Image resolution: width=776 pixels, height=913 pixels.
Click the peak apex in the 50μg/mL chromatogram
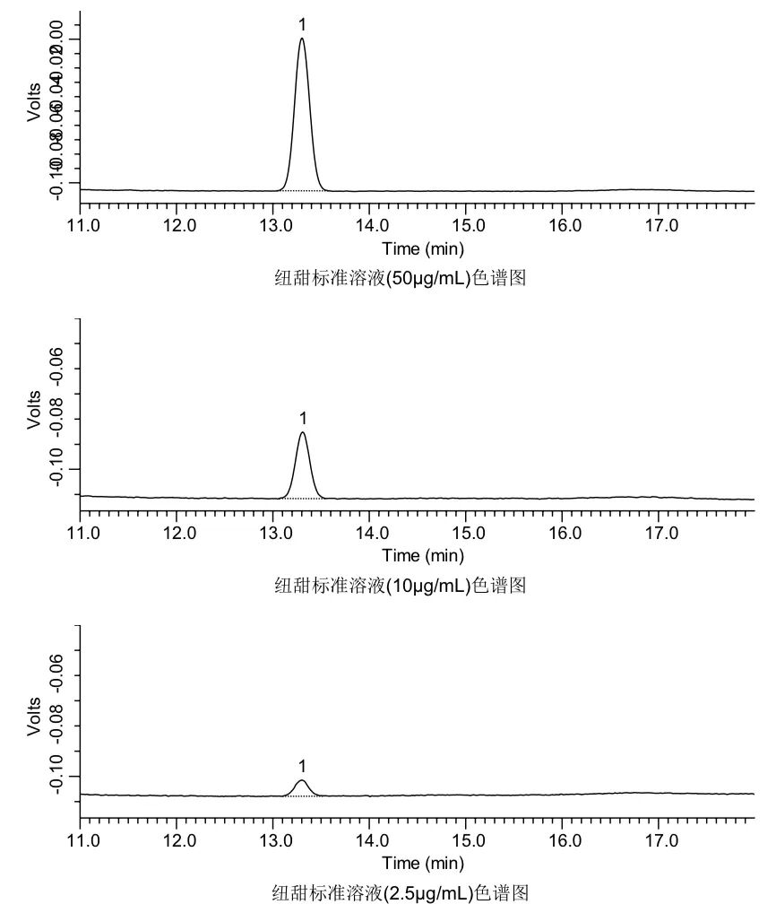(302, 39)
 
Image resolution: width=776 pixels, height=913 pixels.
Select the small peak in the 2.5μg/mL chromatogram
(302, 782)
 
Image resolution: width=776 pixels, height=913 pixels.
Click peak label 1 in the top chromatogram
(303, 24)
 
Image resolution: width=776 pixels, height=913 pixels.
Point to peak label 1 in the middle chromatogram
(303, 418)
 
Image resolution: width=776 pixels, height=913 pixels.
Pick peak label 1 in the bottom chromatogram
(302, 766)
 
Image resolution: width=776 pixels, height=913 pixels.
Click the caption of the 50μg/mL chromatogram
(400, 278)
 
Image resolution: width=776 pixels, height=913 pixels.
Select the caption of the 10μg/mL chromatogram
(400, 586)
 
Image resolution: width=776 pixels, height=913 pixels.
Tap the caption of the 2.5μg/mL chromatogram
(400, 893)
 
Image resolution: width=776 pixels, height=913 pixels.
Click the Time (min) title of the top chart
(423, 248)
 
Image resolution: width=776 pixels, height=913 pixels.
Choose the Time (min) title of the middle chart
(423, 556)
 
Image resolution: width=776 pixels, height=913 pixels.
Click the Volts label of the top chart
(35, 101)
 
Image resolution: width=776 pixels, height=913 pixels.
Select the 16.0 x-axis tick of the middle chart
(564, 532)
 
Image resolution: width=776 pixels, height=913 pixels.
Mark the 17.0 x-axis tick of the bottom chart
(660, 839)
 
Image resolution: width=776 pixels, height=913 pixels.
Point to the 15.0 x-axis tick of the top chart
(468, 224)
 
